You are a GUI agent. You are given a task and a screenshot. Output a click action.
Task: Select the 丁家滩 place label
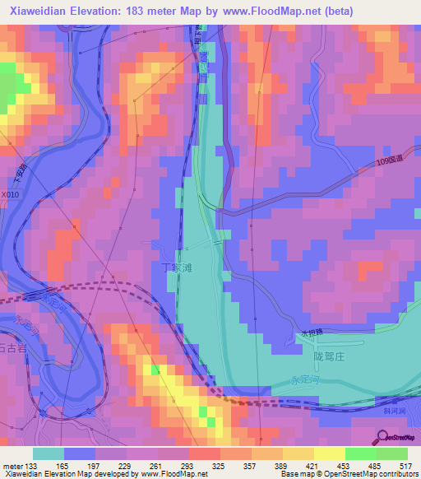(x=176, y=267)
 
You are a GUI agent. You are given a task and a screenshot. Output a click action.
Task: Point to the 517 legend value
(x=405, y=467)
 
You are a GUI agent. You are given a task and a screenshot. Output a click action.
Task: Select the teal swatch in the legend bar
(x=49, y=453)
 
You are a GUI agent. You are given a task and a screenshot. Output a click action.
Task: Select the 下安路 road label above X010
(x=18, y=175)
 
